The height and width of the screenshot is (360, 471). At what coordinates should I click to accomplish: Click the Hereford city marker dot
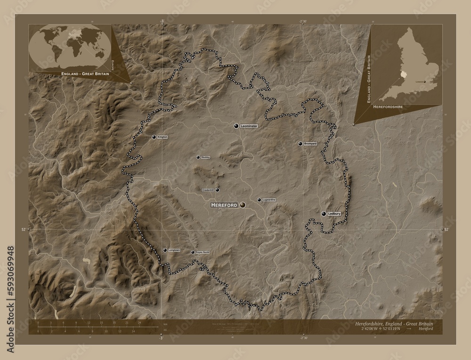pyautogui.click(x=243, y=205)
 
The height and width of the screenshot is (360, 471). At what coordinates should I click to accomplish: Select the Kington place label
pyautogui.click(x=162, y=137)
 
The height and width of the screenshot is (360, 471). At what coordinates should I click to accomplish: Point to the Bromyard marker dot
pyautogui.click(x=300, y=144)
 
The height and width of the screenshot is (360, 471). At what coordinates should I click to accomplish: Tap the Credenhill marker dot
pyautogui.click(x=217, y=190)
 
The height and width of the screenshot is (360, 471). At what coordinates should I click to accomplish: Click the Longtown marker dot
pyautogui.click(x=164, y=250)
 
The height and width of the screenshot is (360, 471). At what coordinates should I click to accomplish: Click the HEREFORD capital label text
pyautogui.click(x=224, y=206)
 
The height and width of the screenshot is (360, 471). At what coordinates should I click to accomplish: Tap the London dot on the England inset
pyautogui.click(x=424, y=82)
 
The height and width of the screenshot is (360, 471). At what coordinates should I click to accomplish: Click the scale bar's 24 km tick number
pyautogui.click(x=139, y=323)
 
